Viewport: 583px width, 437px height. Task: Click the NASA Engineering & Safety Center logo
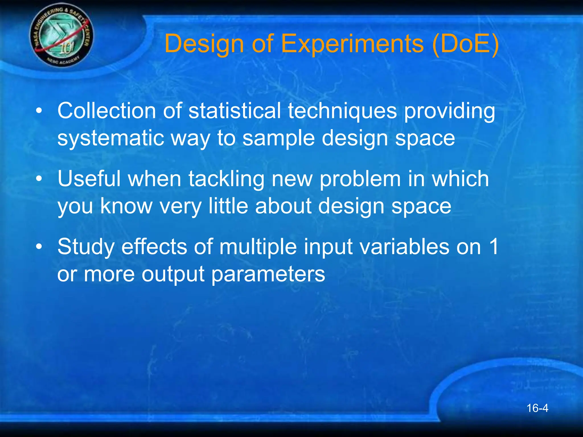tap(61, 36)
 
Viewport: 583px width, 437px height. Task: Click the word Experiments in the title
tap(352, 44)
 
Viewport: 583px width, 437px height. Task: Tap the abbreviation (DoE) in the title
tap(465, 44)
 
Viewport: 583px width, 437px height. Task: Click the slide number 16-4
tap(537, 408)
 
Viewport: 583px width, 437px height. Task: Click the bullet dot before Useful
tap(39, 179)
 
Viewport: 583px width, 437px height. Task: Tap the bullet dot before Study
tap(39, 246)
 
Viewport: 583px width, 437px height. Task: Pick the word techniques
tap(342, 111)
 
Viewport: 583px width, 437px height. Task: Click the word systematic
tap(111, 138)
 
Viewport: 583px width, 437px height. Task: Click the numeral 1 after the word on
tap(494, 246)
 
